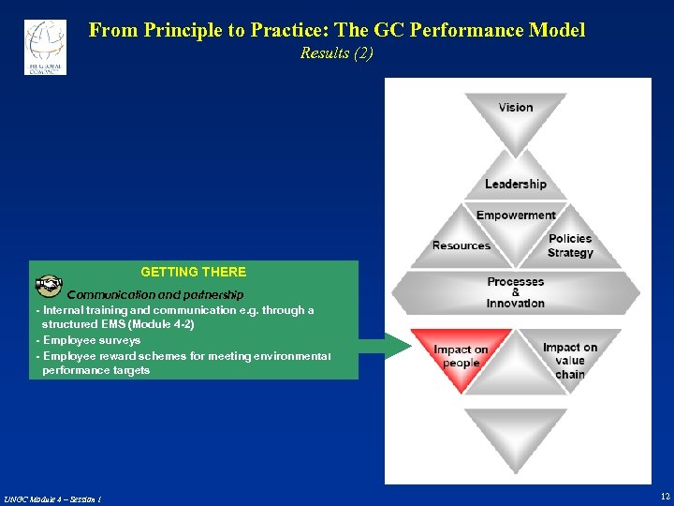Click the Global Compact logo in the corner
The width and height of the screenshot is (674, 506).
[45, 46]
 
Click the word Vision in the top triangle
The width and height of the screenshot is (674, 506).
[516, 108]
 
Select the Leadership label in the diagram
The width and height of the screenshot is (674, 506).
[515, 184]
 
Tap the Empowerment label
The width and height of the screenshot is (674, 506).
[516, 215]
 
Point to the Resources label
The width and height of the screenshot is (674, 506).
[462, 246]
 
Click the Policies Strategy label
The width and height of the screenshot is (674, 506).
[570, 246]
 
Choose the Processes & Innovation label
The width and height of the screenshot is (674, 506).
[515, 292]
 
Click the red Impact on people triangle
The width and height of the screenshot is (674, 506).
[461, 357]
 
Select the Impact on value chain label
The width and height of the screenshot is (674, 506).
[569, 361]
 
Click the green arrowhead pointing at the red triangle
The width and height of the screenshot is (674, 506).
[397, 347]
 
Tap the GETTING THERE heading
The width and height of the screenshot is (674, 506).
[194, 272]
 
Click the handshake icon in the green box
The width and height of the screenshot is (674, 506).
[49, 285]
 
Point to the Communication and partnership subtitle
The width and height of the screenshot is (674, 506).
[154, 295]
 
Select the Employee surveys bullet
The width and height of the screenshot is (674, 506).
[91, 340]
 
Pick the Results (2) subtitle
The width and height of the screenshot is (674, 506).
[336, 53]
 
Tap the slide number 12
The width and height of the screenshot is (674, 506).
[665, 496]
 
